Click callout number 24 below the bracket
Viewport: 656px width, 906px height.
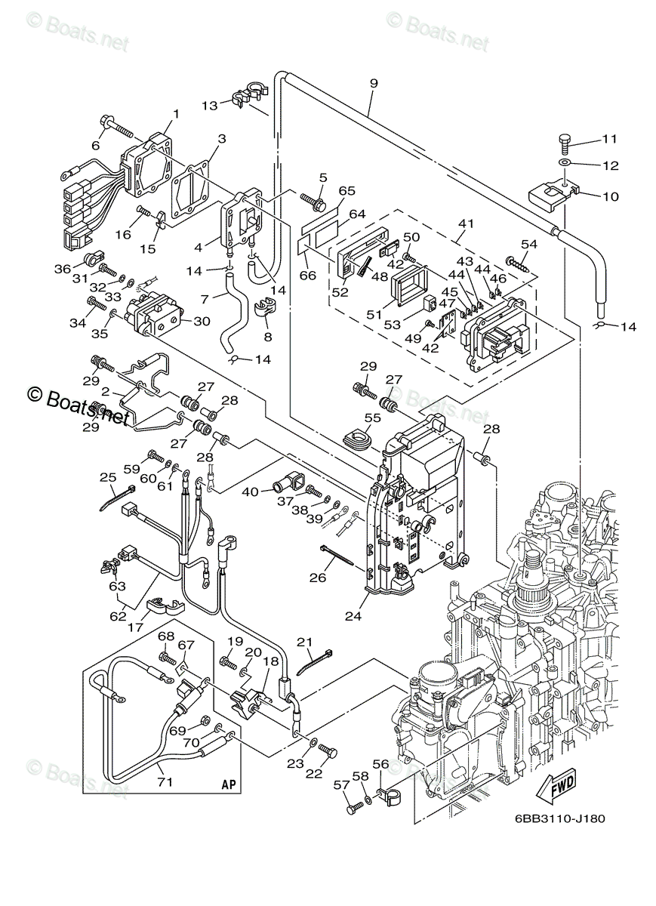tap(353, 615)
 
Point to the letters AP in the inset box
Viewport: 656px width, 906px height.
tap(229, 785)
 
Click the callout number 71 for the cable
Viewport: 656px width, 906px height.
tap(165, 782)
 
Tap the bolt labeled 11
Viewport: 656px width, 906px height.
tap(565, 140)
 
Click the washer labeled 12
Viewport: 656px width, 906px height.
tap(565, 163)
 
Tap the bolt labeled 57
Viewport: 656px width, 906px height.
tap(352, 808)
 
